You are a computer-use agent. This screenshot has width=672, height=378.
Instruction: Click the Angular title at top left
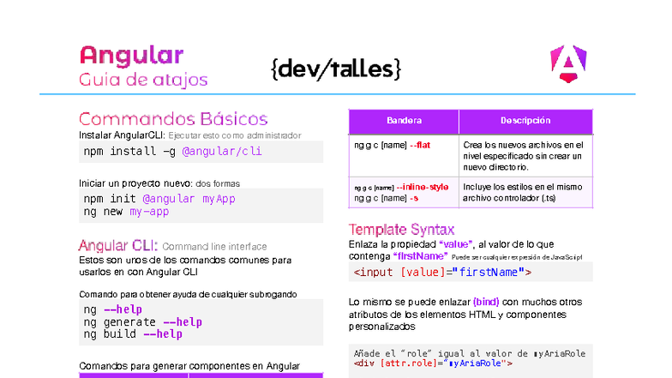pos(131,56)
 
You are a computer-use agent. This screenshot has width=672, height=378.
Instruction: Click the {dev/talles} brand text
pos(335,69)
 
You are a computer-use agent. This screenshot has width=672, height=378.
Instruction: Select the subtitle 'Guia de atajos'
pos(143,81)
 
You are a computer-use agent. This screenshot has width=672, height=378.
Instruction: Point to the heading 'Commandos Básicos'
pos(173,119)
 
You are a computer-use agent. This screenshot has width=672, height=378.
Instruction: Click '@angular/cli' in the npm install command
pos(222,152)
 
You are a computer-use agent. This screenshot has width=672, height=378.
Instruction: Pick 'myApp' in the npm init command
pos(219,199)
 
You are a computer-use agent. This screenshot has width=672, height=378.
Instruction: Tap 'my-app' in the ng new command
pos(150,212)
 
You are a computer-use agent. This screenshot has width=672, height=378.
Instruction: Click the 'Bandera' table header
pos(404,121)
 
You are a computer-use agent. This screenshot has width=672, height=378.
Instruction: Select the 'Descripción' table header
pos(525,121)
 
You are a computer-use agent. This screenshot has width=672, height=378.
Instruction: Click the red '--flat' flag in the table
pos(420,145)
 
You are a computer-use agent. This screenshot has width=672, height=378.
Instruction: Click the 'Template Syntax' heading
pos(401,229)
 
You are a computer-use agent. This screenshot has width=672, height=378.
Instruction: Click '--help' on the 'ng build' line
pos(163,334)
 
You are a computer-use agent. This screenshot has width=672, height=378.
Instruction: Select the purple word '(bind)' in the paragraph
pos(485,302)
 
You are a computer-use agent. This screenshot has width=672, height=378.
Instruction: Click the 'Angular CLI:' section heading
pos(118,245)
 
